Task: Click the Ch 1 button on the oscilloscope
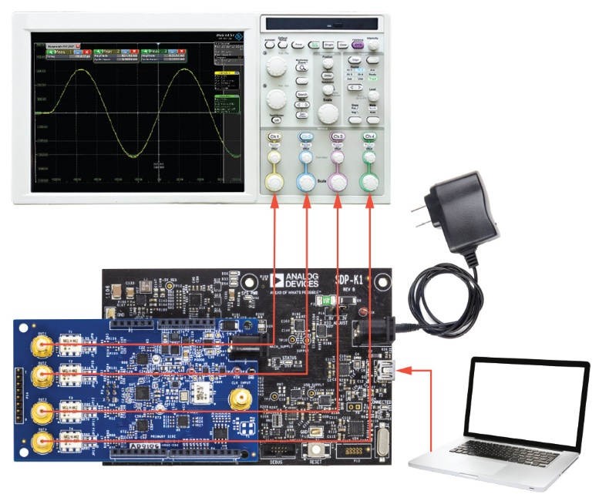coord(274,136)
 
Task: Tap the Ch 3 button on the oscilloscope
coord(337,136)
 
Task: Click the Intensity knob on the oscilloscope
coord(374,45)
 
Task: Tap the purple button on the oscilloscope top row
coord(357,45)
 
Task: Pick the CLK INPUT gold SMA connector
coord(237,398)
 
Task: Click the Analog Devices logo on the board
coord(288,282)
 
